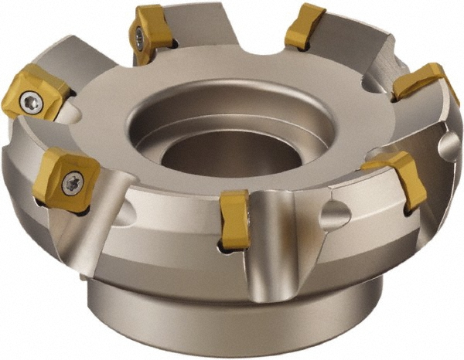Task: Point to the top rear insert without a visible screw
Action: pos(305,28)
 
